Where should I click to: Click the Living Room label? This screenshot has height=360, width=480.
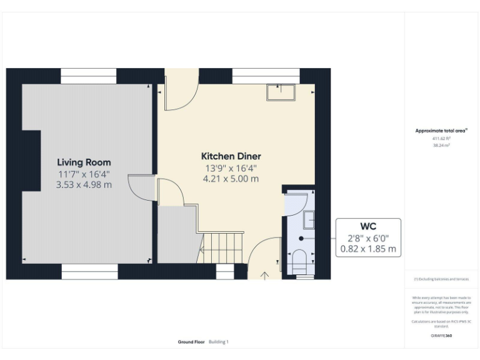click(84, 162)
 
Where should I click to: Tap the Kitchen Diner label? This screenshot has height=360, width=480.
click(231, 156)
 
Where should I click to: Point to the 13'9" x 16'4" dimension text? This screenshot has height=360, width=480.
click(231, 168)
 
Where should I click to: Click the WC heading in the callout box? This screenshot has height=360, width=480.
click(368, 225)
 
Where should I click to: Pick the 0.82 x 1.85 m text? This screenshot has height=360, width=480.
click(368, 248)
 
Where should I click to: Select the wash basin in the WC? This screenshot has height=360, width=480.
click(309, 220)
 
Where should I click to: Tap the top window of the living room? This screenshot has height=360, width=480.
click(88, 76)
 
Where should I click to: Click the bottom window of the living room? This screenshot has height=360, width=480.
click(89, 271)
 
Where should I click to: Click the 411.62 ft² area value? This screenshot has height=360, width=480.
click(441, 138)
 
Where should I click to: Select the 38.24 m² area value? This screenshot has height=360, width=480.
click(441, 145)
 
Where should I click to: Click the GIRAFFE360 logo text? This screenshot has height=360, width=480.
click(441, 336)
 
